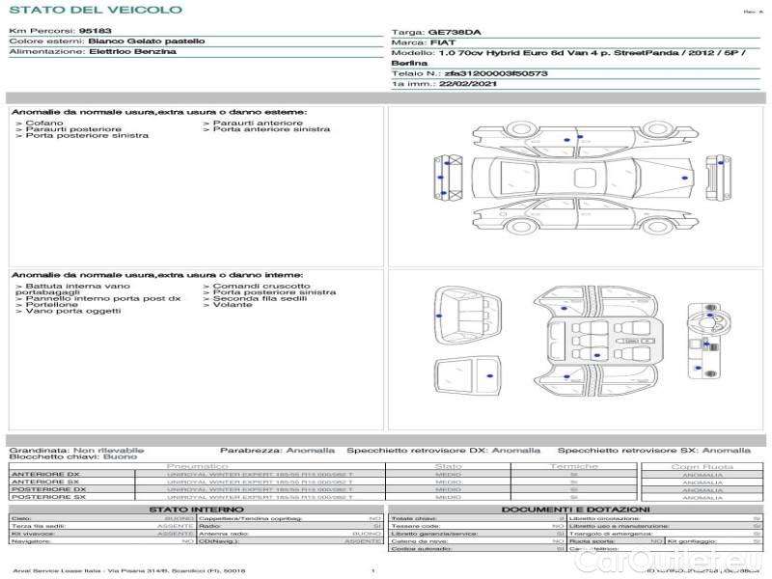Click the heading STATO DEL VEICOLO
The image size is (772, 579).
pos(96,10)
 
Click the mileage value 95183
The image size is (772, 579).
pos(96,31)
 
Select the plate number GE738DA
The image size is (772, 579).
pos(454,32)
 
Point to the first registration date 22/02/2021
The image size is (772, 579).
pos(466,84)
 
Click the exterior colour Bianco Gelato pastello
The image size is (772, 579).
pos(146,41)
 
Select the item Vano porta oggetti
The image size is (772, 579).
pos(73,311)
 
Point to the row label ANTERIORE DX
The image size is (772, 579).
pos(44,474)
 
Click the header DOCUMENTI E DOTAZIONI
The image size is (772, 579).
pos(575,509)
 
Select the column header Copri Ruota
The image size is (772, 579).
pos(703,466)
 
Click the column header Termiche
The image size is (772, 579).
pos(573,466)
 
